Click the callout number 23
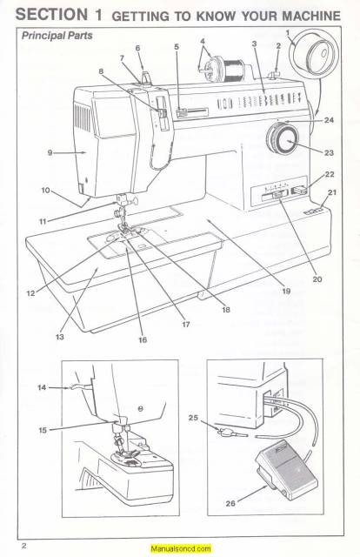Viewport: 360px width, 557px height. (x=329, y=153)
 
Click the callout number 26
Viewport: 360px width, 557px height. (x=229, y=504)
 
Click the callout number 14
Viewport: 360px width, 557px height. (x=43, y=388)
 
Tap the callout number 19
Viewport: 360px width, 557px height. (x=286, y=292)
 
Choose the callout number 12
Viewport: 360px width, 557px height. (x=30, y=292)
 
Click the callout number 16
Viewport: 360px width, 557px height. (x=141, y=340)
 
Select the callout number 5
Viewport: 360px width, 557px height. (x=177, y=45)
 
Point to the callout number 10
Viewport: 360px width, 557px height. (x=44, y=189)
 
